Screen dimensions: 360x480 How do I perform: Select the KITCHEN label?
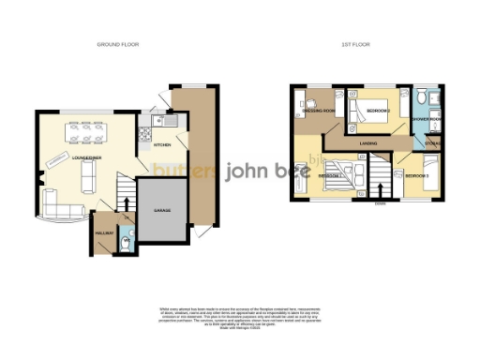(162, 145)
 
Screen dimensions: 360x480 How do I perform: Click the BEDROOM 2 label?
(378, 111)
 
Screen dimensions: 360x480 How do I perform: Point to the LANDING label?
(367, 142)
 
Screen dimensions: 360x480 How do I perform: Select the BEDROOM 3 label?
(416, 175)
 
